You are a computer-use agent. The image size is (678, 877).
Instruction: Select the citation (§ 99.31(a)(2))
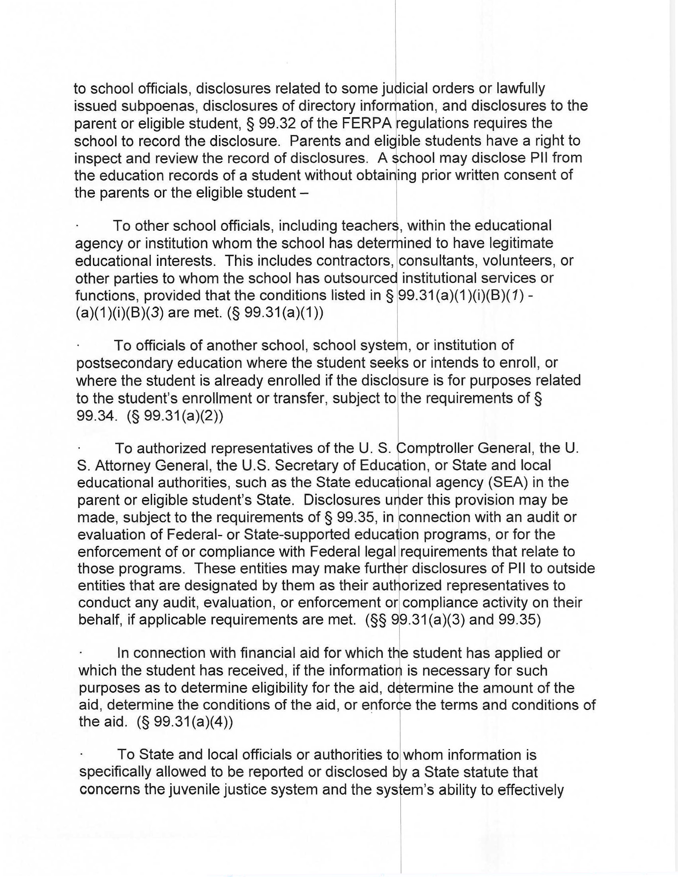175,417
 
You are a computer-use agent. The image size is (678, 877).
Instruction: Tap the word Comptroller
434,448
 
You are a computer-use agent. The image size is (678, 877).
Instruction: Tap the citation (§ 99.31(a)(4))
184,722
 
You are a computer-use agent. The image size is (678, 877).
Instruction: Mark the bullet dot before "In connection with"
81,654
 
